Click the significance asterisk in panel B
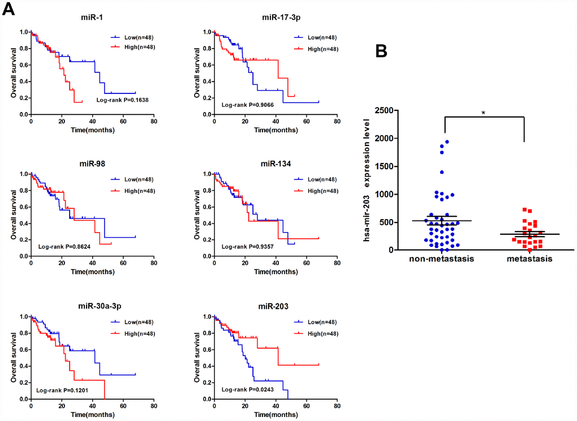484,113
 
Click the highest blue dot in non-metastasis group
447,142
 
